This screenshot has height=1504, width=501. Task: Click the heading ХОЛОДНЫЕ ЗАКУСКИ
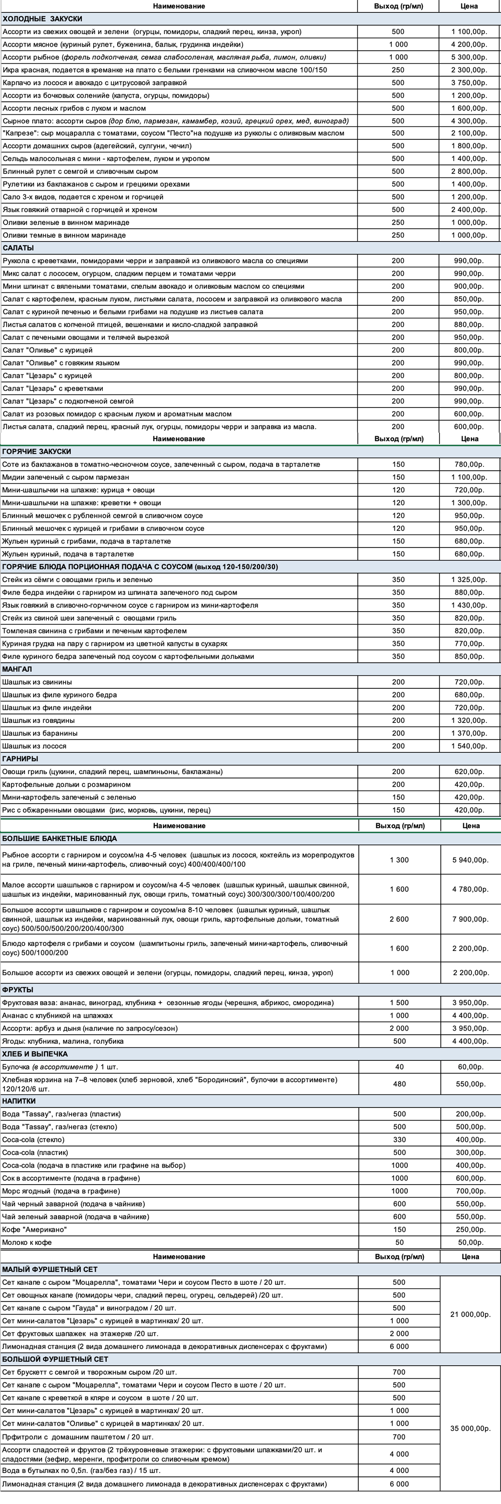(x=43, y=19)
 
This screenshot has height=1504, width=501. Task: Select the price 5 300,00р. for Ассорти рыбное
(x=469, y=57)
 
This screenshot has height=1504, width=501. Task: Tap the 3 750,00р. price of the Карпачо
(x=469, y=83)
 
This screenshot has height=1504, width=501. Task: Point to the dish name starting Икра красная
(x=164, y=70)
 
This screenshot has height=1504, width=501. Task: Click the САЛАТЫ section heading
(x=19, y=248)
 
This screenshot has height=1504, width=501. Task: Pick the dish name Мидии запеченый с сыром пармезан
(x=66, y=477)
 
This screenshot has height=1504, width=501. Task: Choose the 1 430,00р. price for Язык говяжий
(x=469, y=605)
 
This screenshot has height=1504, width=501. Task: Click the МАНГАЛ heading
(x=17, y=669)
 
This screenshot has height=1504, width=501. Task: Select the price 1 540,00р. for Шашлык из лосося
(x=469, y=745)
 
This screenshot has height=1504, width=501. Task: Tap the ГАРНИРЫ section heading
(x=21, y=759)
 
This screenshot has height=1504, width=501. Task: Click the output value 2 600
(x=399, y=919)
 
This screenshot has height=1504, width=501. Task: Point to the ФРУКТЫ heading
(x=18, y=990)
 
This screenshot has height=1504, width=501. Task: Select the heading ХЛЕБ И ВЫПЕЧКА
(x=35, y=1054)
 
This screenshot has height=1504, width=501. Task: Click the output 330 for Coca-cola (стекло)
(x=399, y=1140)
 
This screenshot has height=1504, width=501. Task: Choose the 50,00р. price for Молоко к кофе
(x=470, y=1242)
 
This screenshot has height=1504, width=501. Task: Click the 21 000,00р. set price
(x=470, y=1314)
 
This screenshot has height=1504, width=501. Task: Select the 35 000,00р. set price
(x=470, y=1429)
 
